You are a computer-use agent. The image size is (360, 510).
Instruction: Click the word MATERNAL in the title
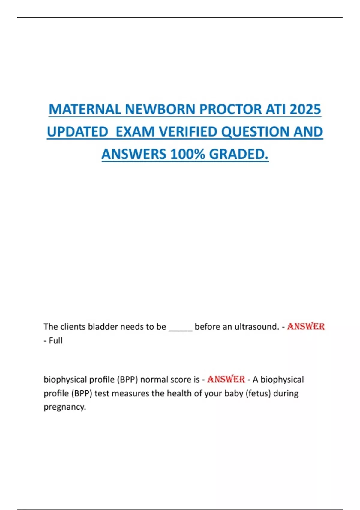pyautogui.click(x=85, y=109)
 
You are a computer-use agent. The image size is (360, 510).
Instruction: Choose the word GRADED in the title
pyautogui.click(x=238, y=154)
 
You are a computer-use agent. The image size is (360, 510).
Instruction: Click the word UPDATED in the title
pyautogui.click(x=77, y=132)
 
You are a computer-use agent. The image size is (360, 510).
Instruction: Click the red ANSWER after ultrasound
pyautogui.click(x=306, y=326)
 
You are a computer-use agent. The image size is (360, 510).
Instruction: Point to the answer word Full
pyautogui.click(x=55, y=341)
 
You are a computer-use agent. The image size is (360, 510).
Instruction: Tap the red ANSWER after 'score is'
pyautogui.click(x=226, y=379)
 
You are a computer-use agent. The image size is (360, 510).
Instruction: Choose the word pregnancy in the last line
pyautogui.click(x=65, y=407)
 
